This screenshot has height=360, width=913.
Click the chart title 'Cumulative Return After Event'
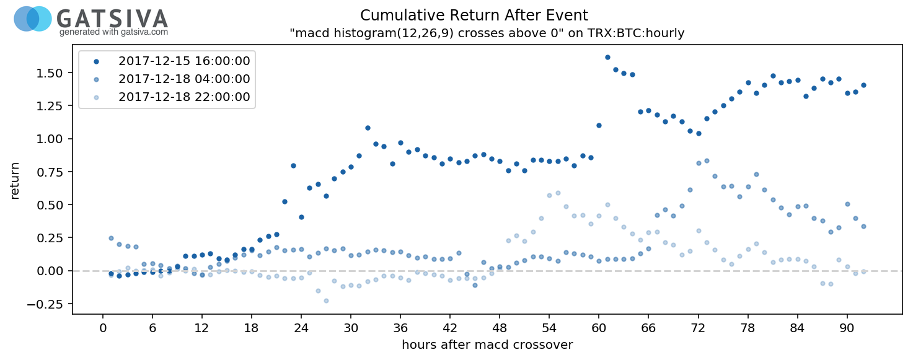click(x=474, y=15)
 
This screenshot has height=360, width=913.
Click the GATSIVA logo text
click(x=112, y=18)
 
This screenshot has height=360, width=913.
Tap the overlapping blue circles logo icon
click(x=33, y=19)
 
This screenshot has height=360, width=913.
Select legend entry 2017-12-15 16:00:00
click(x=184, y=61)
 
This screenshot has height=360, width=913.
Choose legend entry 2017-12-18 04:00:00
click(x=184, y=79)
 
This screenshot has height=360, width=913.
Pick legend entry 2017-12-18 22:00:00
click(x=184, y=97)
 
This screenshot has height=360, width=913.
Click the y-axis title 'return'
click(x=15, y=180)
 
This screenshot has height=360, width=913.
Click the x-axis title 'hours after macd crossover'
click(x=487, y=345)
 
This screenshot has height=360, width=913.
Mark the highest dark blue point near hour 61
click(x=607, y=57)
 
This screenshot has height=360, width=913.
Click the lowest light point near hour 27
click(x=326, y=301)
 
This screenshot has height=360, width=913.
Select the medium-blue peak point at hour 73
click(x=707, y=160)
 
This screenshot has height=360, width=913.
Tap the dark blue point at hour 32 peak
click(x=368, y=128)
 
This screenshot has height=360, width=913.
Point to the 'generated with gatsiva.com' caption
click(x=113, y=32)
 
